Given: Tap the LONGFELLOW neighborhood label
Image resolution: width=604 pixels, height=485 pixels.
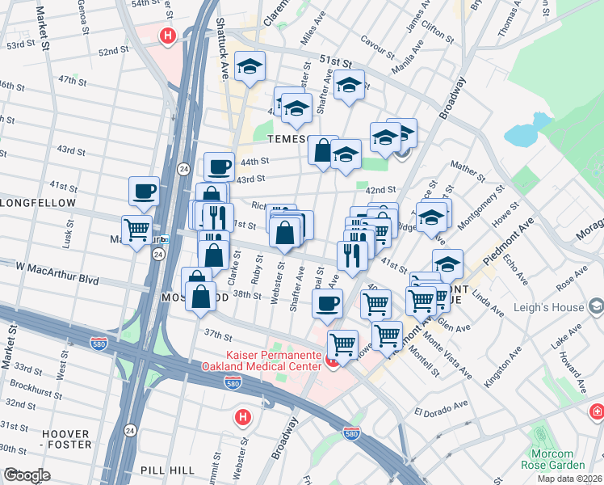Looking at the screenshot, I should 38,203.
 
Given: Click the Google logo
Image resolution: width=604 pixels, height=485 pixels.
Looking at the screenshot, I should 26,475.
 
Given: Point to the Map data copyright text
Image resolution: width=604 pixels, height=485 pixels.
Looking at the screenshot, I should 570,479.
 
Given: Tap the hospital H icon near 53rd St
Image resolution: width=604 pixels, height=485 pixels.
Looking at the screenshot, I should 168,36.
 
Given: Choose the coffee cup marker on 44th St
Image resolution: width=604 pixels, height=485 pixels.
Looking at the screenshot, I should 219,167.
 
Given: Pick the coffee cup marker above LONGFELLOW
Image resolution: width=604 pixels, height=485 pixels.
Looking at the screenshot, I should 144,191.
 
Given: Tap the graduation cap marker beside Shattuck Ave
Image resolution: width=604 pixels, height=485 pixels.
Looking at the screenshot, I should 250,68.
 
